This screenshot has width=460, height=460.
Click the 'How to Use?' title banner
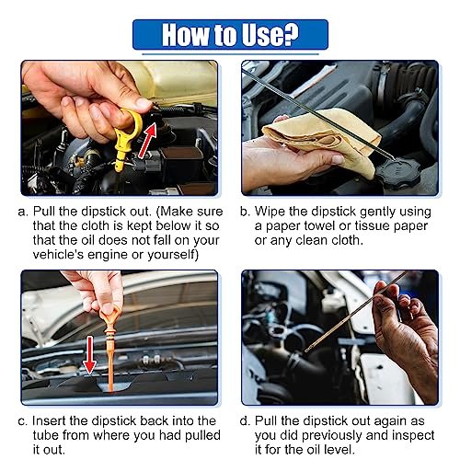(x=230, y=34)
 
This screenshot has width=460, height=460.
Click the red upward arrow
(x=148, y=141)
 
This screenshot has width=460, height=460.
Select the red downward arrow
(x=89, y=355)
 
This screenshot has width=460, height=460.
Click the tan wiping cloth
(x=322, y=138)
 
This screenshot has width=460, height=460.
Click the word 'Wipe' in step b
(x=270, y=212)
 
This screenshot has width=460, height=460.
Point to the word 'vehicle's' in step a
(x=58, y=255)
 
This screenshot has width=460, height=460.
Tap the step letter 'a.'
(x=23, y=213)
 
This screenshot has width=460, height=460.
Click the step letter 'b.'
(x=245, y=212)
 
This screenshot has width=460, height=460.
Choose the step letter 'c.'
(x=23, y=421)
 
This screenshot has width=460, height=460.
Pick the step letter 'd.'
(x=245, y=420)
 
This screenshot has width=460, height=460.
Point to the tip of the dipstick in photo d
(x=306, y=351)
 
